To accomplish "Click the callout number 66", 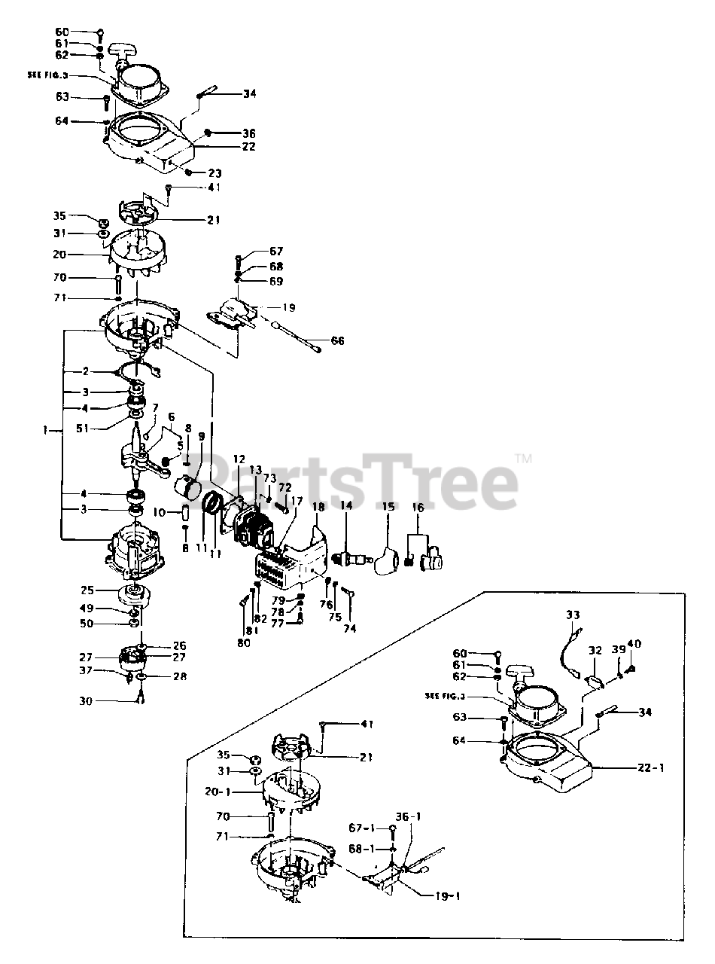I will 338,341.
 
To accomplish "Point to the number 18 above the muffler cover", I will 315,508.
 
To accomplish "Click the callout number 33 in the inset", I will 573,615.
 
